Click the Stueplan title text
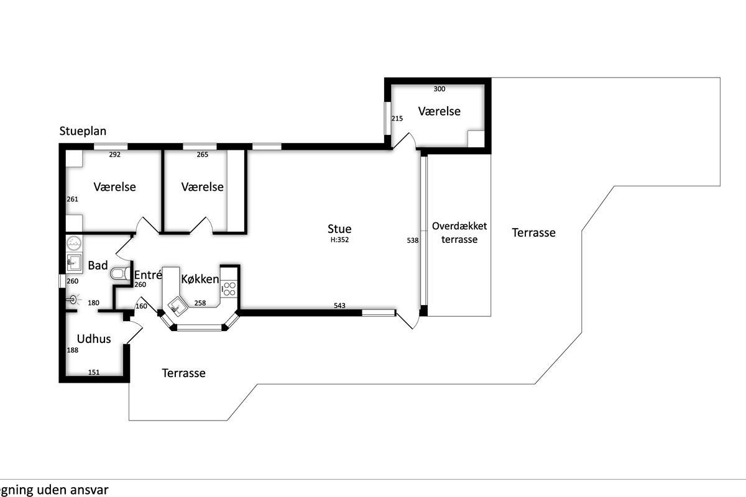click(83, 131)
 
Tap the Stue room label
click(339, 229)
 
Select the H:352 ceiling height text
click(339, 240)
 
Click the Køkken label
click(200, 279)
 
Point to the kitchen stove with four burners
click(229, 289)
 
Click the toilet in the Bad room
click(120, 273)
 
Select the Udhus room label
click(94, 339)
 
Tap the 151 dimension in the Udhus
click(94, 372)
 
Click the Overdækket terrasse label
click(459, 233)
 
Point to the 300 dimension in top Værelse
click(440, 89)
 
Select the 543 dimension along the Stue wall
click(339, 306)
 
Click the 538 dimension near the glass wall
click(413, 240)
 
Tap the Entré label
click(148, 275)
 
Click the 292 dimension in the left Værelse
click(114, 155)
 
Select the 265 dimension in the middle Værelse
click(202, 155)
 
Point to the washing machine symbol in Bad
click(74, 244)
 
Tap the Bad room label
click(98, 265)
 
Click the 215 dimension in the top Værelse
click(397, 119)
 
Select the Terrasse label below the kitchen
click(183, 373)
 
